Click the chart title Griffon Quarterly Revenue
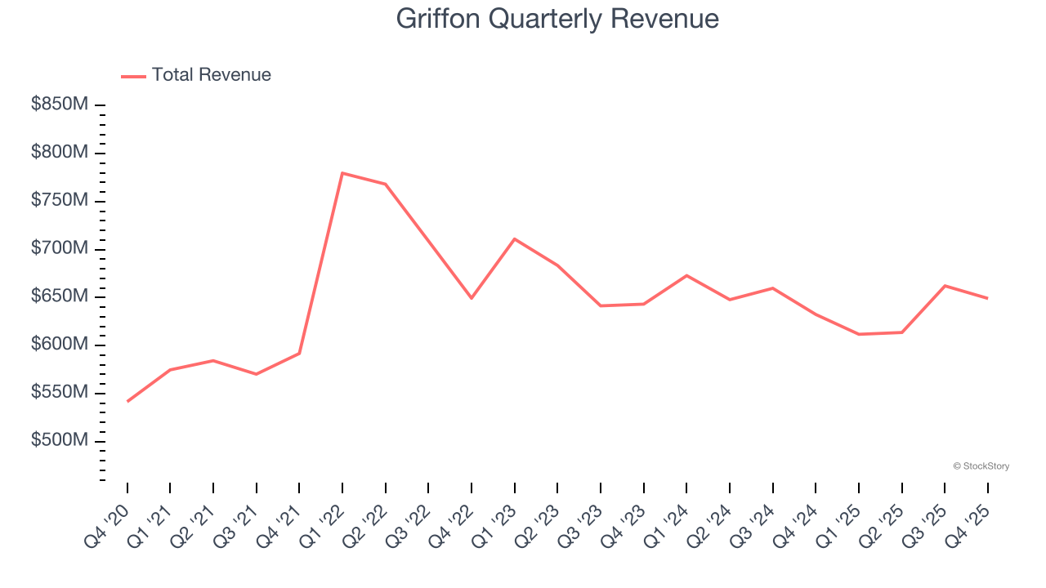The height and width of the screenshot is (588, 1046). point(557,19)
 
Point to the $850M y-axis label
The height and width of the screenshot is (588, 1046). point(60,105)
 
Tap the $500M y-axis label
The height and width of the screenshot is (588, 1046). point(60,441)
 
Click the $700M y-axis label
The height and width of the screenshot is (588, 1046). point(60,249)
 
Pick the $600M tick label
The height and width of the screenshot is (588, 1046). point(60,345)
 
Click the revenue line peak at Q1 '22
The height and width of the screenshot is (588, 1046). point(342,173)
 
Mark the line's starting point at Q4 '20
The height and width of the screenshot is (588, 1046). point(127,401)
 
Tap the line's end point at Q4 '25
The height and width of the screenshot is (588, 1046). point(987,298)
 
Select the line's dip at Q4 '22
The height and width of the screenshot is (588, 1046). point(472,298)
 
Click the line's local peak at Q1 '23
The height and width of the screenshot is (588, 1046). point(514,238)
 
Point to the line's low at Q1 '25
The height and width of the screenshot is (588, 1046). point(859,334)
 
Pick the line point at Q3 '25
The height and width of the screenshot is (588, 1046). point(945,286)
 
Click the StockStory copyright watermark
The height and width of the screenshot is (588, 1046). point(981,466)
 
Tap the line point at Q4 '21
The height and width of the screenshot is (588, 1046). point(299,353)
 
